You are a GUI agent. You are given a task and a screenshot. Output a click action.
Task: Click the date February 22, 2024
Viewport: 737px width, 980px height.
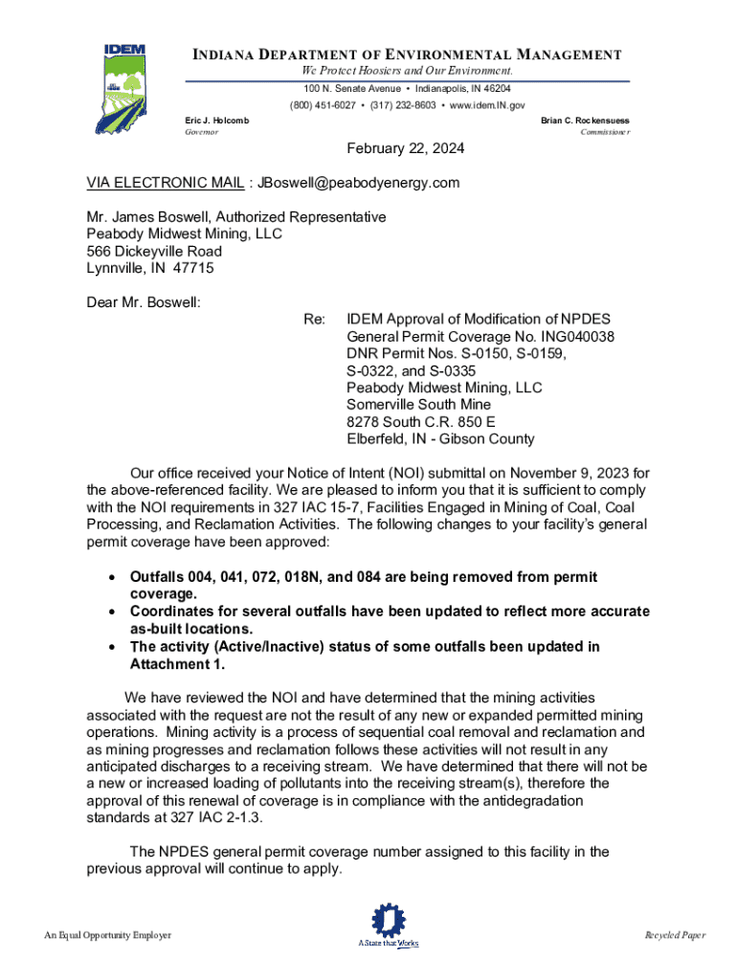[406, 148]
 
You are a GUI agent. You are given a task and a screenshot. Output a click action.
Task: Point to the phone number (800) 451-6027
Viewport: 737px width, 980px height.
[325, 105]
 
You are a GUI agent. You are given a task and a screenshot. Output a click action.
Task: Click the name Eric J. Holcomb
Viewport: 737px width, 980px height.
[216, 121]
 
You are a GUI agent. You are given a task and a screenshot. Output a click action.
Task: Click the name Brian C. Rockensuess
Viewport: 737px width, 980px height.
[585, 121]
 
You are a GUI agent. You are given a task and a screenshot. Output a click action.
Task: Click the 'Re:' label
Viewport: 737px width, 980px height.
[314, 319]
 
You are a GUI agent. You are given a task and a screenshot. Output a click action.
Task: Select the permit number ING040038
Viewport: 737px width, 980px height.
[570, 336]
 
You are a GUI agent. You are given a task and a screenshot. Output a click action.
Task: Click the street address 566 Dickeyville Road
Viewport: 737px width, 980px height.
[154, 251]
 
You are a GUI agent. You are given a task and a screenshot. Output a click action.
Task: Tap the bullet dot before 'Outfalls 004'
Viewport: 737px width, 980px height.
[113, 578]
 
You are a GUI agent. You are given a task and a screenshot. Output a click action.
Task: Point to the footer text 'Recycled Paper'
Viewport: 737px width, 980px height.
[675, 935]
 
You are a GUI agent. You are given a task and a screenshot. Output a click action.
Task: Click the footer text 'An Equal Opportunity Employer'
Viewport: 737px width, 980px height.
[107, 935]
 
